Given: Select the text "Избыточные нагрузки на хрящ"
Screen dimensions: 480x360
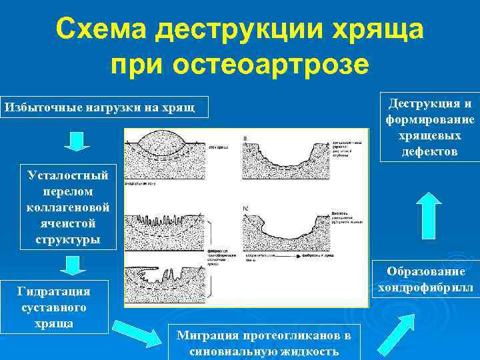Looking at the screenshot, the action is coord(100,107).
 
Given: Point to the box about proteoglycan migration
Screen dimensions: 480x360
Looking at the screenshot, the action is coord(264,342).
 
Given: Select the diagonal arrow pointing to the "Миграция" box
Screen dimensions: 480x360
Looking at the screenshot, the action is coord(137,332).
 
